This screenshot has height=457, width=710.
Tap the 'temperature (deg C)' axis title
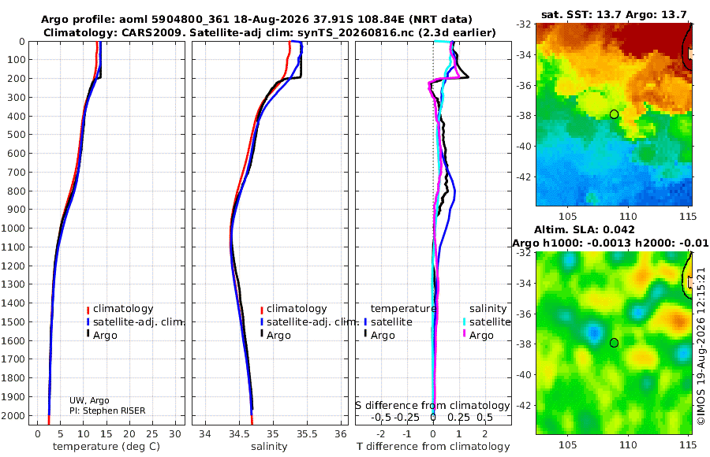(106, 447)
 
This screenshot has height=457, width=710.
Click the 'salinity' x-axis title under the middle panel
(269, 447)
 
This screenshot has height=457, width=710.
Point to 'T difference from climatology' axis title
(433, 447)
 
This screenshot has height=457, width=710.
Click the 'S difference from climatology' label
(432, 406)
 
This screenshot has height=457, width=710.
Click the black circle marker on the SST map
(614, 114)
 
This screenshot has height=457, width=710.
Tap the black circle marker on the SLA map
(614, 343)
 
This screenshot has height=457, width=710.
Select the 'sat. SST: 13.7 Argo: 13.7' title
(614, 15)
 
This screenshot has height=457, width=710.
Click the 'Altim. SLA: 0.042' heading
(585, 230)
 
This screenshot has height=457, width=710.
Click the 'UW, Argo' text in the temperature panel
(89, 400)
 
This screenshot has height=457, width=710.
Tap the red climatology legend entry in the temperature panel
(120, 309)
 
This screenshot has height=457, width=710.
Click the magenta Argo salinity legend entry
(478, 336)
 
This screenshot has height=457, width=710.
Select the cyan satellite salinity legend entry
(486, 322)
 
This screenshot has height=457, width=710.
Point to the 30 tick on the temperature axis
(175, 434)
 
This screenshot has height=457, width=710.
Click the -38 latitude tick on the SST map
(523, 115)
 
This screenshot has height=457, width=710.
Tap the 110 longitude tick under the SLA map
(628, 444)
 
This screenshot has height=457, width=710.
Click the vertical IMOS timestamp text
(701, 346)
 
